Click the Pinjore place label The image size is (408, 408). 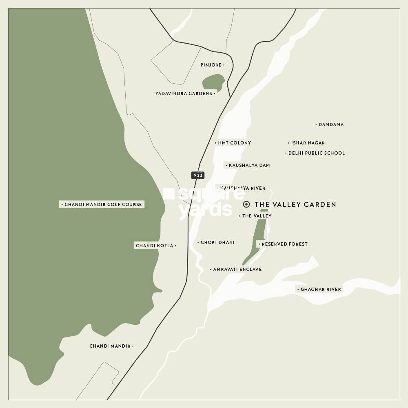pos(211,65)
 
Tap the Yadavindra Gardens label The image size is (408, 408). pos(184,93)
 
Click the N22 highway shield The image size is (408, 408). pos(198,175)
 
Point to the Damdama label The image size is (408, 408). pos(331,124)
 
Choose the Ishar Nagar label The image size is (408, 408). pos(308,143)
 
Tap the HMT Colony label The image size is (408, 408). pos(234,143)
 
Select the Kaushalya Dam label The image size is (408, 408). pos(249,165)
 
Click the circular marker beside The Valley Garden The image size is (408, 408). pos(246,204)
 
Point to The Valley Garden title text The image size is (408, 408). pos(295,204)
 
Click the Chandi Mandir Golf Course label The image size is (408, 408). pos(103,204)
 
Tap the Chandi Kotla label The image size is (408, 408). pos(155,246)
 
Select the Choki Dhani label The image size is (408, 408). pos(217,242)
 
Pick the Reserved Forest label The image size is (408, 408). pos(284,244)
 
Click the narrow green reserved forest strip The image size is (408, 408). pos(258,241)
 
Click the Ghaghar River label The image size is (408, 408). pos(320,289)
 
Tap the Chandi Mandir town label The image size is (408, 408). pos(110,346)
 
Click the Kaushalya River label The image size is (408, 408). pos(242,188)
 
